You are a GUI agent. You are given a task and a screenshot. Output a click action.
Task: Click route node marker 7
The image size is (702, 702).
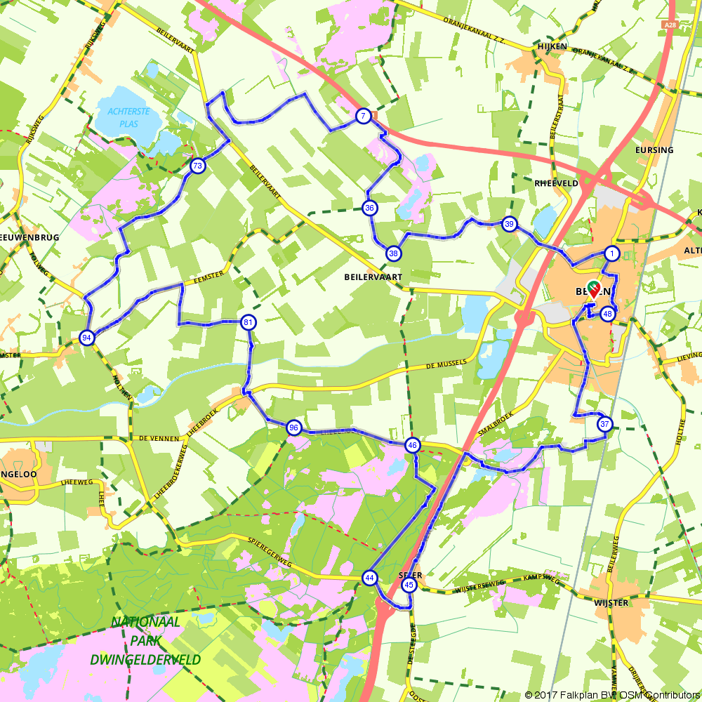tap(363, 117)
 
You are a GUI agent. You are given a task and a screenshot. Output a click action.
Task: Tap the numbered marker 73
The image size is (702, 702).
tap(197, 166)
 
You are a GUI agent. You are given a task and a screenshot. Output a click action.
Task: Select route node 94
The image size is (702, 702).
tap(87, 338)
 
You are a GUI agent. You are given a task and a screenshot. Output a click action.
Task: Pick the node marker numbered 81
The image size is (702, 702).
tap(248, 322)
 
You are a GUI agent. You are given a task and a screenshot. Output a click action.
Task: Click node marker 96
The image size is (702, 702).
tap(293, 428)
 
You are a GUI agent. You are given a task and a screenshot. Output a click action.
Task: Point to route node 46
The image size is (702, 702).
tap(413, 444)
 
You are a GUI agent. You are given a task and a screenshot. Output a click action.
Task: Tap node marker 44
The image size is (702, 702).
tap(369, 578)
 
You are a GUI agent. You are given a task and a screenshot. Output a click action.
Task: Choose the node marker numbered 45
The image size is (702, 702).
tap(410, 585)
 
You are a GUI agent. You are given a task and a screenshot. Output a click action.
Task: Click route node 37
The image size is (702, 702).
tap(604, 424)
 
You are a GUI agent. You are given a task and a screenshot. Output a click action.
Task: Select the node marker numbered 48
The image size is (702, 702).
tap(608, 314)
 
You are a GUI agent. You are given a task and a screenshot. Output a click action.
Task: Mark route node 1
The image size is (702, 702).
tap(612, 253)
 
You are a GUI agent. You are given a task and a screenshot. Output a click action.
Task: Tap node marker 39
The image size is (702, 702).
tap(510, 225)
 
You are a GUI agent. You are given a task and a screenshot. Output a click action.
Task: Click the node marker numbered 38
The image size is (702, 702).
tap(393, 253)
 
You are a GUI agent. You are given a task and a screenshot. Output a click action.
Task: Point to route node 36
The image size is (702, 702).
tap(370, 207)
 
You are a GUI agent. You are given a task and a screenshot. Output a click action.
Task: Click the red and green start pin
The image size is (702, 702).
tap(592, 288)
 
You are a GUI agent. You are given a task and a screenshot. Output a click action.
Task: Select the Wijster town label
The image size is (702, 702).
tap(609, 602)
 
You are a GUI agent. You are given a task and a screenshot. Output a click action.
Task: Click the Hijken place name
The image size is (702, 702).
tap(551, 46)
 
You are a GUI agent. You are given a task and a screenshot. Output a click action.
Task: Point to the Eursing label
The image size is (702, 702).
tap(654, 150)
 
